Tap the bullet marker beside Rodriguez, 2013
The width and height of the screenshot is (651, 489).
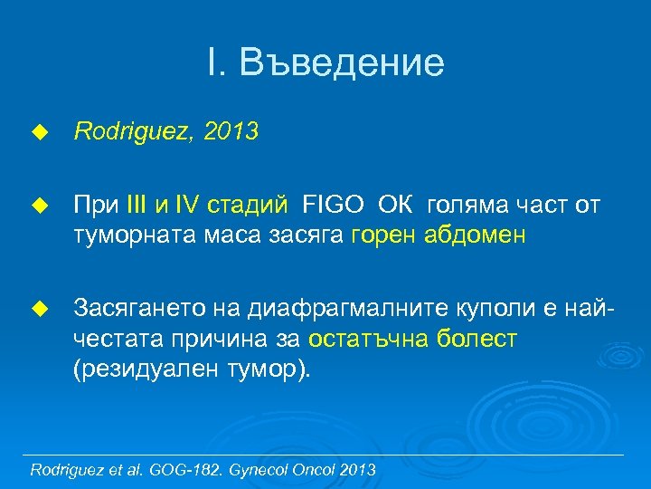(38, 133)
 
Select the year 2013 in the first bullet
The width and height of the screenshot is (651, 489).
(231, 132)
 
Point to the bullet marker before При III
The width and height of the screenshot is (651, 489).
(38, 206)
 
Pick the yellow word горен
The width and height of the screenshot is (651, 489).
(382, 236)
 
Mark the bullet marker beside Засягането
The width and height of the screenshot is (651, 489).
(38, 310)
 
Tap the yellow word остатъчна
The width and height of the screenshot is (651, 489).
(370, 340)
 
